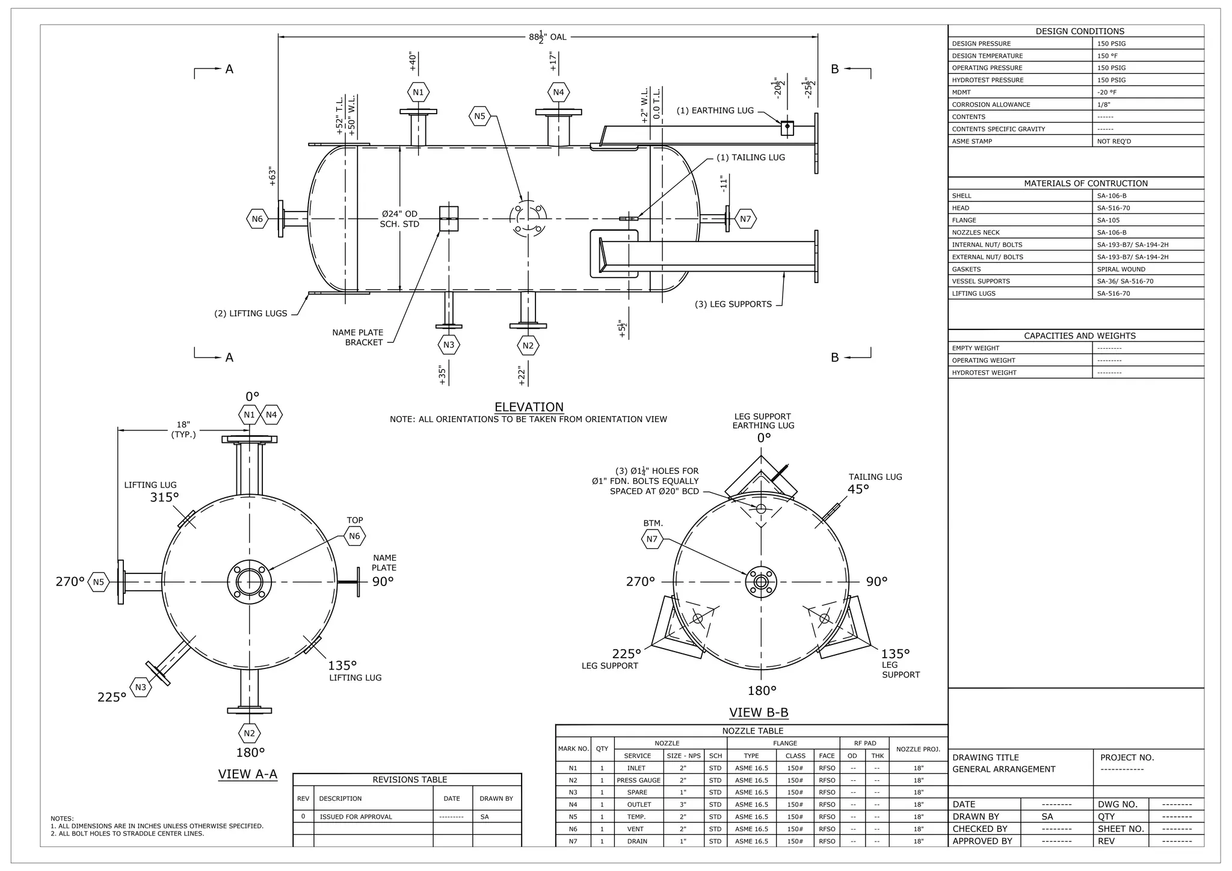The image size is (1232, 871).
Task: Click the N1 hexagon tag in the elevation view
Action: click(418, 93)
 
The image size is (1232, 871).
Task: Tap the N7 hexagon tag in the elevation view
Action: click(745, 219)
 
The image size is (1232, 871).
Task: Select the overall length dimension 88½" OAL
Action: click(548, 37)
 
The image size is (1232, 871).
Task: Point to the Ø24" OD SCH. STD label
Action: click(399, 219)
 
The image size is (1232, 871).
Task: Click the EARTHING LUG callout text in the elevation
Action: click(715, 111)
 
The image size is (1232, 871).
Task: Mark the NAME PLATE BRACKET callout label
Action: click(357, 337)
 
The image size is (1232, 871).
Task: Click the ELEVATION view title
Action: click(529, 407)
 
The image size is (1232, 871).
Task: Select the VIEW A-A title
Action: click(248, 774)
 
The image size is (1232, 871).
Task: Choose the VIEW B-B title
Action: click(759, 712)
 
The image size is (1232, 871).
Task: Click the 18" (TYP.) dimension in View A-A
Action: click(183, 429)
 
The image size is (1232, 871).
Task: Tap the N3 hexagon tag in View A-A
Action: click(140, 687)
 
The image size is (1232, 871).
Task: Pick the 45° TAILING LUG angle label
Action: click(858, 489)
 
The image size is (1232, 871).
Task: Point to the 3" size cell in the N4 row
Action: click(683, 804)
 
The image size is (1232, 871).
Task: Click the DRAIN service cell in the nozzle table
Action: click(637, 841)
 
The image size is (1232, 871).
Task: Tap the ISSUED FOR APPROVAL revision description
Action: click(356, 816)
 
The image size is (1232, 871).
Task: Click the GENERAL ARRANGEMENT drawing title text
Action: click(1003, 769)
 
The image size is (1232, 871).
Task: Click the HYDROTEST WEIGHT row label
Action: click(984, 373)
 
